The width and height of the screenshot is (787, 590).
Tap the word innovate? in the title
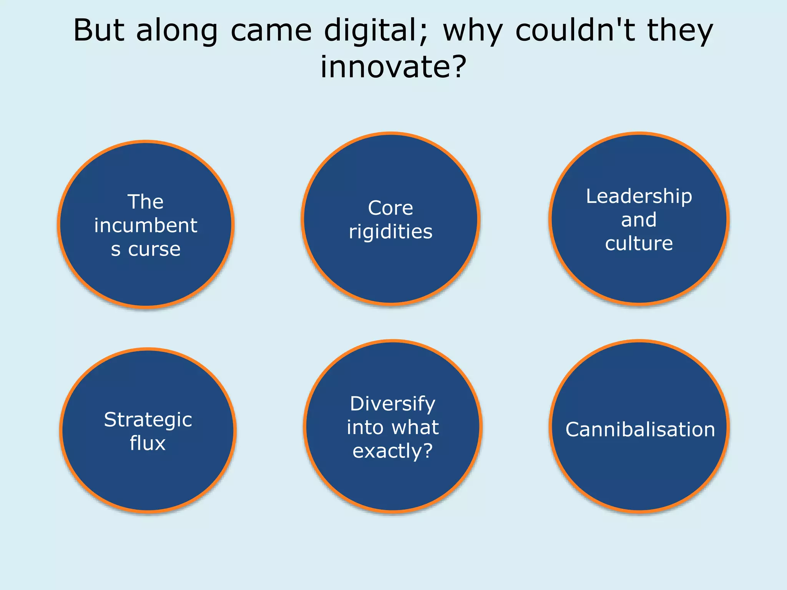coord(393,66)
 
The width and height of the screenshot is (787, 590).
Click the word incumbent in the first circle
coord(146,225)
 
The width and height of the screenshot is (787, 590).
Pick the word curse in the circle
coord(154,249)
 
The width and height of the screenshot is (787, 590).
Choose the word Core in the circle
coord(390,208)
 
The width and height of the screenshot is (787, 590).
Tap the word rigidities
coord(390,232)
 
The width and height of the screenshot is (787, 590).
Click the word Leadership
coord(639,196)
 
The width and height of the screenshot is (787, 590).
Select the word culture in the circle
coord(639,244)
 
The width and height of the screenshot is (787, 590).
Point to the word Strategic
coord(148,420)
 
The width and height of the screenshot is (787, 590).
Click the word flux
coord(148,443)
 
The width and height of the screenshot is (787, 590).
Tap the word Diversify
coord(393,404)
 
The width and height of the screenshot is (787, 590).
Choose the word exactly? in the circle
coord(393,451)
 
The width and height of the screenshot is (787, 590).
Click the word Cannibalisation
coord(640,429)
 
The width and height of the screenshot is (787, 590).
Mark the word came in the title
coord(271,31)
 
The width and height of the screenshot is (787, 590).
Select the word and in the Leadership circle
coord(639,220)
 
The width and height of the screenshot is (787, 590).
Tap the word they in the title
coord(680,31)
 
